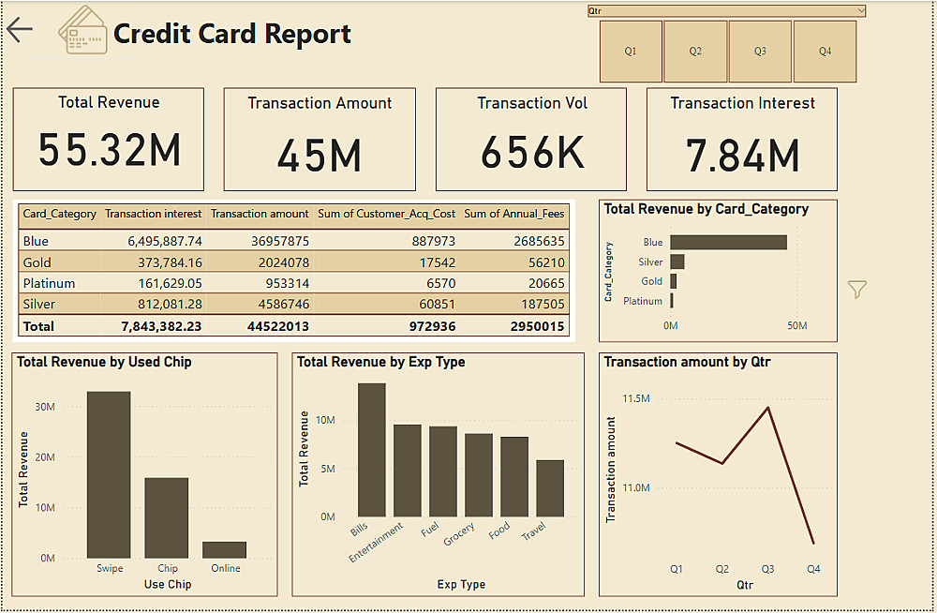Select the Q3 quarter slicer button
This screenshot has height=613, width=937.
760,51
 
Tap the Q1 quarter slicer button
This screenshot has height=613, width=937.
631,51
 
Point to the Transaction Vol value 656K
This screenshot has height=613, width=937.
532,152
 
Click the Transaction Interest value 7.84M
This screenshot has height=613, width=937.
742,156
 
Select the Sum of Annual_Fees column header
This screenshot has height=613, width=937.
514,214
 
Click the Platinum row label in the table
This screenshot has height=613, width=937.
49,283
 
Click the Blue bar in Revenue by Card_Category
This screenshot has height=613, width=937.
728,242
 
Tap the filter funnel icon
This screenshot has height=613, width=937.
856,290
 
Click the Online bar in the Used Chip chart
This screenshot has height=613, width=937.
225,549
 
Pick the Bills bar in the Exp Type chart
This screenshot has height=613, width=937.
371,450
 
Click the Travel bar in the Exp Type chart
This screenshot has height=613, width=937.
550,488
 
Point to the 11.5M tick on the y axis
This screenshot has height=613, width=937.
635,398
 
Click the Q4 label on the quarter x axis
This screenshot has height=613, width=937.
813,569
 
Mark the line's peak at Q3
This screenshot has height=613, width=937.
768,408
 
